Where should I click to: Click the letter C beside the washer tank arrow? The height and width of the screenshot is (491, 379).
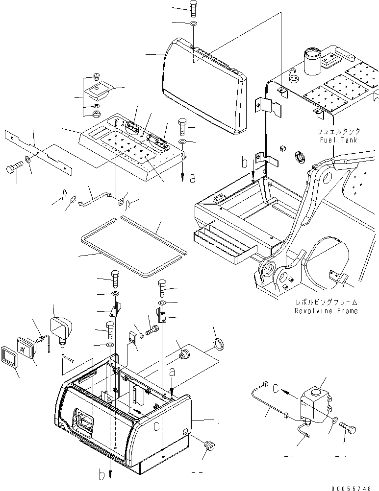tap(277, 390)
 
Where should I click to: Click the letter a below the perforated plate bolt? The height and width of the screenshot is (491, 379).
tap(192, 179)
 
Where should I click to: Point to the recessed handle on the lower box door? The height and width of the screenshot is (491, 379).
tap(83, 421)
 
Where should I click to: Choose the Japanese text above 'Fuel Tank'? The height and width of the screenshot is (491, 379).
tap(338, 131)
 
